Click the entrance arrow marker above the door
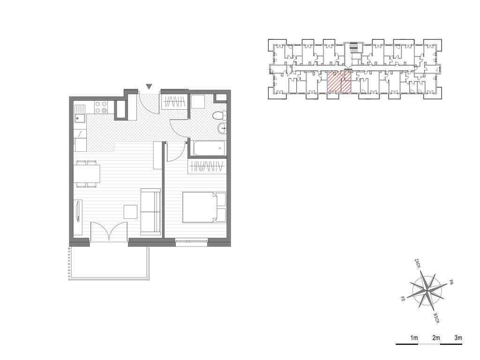point(149,86)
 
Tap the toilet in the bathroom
point(219,116)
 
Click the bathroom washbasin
point(222,128)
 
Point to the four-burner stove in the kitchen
point(101,107)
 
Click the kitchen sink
point(80,113)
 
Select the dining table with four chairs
point(87,174)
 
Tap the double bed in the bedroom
point(204,207)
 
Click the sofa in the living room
point(150,212)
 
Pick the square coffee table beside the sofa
point(131,212)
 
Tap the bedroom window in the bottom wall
point(192,242)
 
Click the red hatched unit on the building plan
point(339,82)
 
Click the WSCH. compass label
point(437,318)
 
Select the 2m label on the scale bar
point(436,338)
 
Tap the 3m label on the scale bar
point(458,338)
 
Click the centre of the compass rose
point(427,290)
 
